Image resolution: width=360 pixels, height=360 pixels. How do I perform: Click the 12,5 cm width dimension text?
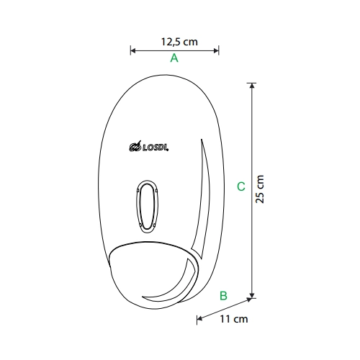click(179, 42)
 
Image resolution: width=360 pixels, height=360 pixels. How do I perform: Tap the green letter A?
click(174, 58)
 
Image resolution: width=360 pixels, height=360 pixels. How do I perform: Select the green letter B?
click(223, 295)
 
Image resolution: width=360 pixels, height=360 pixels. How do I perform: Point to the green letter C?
click(241, 186)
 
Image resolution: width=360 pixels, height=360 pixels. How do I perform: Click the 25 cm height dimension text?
click(259, 189)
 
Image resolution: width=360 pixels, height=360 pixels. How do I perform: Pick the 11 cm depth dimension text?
click(234, 319)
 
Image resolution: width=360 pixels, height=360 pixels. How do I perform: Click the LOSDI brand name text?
click(156, 148)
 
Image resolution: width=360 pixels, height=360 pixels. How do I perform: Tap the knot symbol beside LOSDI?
click(135, 147)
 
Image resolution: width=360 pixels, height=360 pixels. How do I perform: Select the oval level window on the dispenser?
click(147, 207)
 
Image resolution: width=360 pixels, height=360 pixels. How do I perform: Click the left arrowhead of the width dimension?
click(133, 50)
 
